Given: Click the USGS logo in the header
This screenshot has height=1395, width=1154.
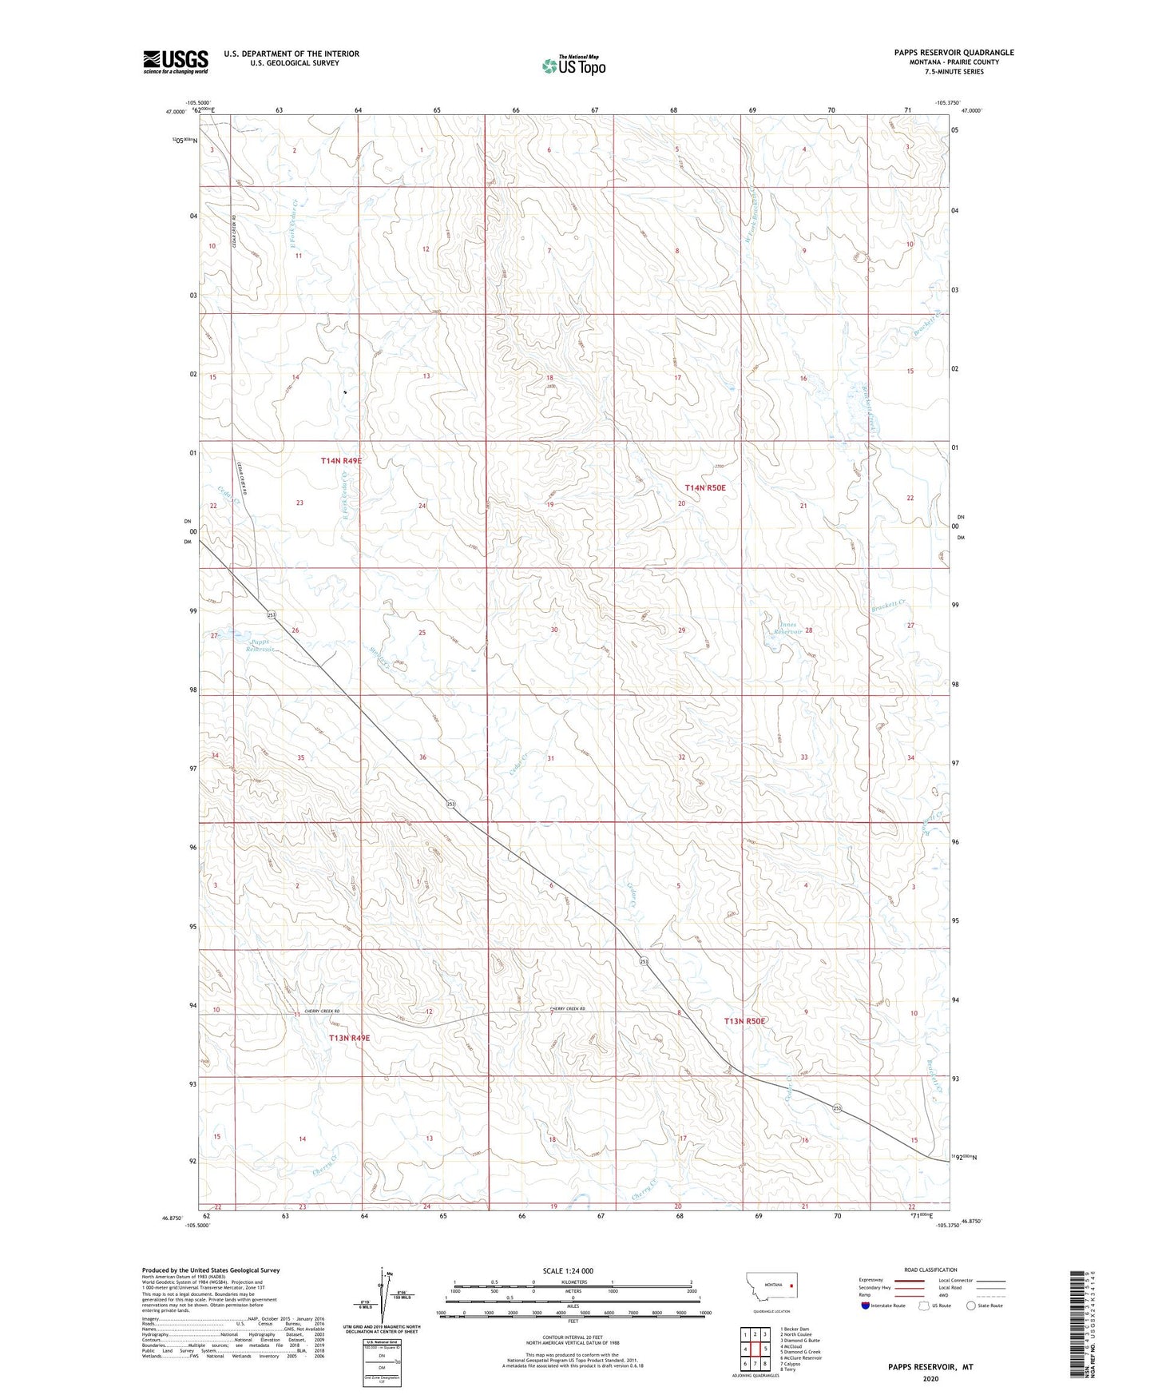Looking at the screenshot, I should click(x=176, y=61).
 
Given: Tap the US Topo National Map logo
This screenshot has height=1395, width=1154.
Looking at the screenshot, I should click(x=573, y=66).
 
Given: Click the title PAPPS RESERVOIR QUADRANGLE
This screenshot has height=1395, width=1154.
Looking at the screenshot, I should click(x=954, y=53).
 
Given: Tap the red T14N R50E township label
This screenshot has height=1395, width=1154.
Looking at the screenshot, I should click(x=705, y=487).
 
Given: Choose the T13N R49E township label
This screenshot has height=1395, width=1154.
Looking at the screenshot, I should click(x=350, y=1038).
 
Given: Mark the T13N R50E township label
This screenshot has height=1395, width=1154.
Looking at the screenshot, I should click(x=744, y=1021).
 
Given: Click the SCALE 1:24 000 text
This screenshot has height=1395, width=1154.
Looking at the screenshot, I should click(x=568, y=1271).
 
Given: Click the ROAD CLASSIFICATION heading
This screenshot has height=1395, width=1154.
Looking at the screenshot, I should click(x=930, y=1270).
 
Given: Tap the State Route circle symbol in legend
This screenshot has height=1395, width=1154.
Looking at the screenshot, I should click(x=971, y=1306).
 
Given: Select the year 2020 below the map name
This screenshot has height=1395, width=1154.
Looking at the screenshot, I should click(x=930, y=1378).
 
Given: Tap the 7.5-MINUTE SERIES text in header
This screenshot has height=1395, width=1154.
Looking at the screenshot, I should click(x=954, y=72).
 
